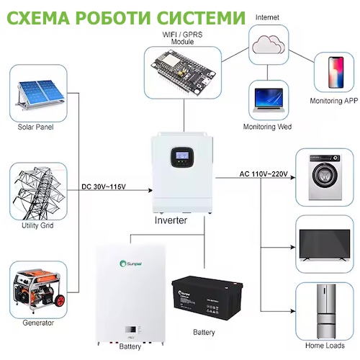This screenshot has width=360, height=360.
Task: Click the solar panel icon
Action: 40,94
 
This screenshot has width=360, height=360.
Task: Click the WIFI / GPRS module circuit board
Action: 183,72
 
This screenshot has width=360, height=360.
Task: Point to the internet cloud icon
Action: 269,45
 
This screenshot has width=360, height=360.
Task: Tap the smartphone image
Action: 336,72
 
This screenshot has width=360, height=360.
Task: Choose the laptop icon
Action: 269,100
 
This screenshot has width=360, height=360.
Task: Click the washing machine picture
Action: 325,177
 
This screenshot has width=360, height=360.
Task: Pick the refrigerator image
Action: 326,312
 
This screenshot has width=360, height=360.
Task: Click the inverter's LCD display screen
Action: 182,156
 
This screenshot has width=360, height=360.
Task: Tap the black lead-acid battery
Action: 207,297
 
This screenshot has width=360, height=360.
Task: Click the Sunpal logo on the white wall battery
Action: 131,264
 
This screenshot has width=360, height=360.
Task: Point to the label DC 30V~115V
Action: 104,186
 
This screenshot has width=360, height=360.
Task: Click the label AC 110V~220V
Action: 264,174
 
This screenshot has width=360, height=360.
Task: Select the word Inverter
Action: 171,220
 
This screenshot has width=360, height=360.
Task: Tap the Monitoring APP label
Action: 334,101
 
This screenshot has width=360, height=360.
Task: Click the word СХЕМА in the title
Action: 39,17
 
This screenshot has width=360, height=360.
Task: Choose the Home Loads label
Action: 325,346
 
